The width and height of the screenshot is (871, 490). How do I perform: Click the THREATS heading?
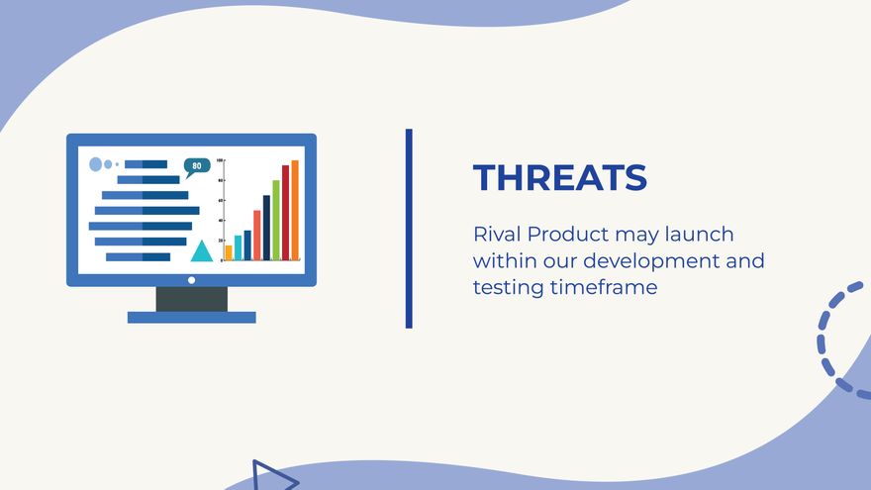pos(560,177)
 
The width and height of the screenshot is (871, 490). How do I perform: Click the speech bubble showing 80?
pos(197,166)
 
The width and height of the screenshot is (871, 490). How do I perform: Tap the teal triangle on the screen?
pos(202,251)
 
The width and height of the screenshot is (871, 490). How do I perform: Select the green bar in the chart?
pos(276,220)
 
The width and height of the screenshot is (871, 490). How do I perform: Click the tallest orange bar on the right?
pos(295,210)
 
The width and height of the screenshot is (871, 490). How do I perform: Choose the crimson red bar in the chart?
pos(285,213)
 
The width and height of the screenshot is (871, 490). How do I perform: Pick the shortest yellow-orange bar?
pos(229,252)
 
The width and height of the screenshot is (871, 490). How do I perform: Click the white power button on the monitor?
pos(192,280)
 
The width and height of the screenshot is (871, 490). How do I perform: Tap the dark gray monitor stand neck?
pos(192,299)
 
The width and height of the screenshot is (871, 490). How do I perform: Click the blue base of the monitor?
pos(192,317)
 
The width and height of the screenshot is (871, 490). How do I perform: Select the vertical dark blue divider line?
pos(409,229)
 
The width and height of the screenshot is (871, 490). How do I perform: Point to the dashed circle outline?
pos(821,340)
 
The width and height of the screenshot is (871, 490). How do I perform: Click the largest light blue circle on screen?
pos(96,164)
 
